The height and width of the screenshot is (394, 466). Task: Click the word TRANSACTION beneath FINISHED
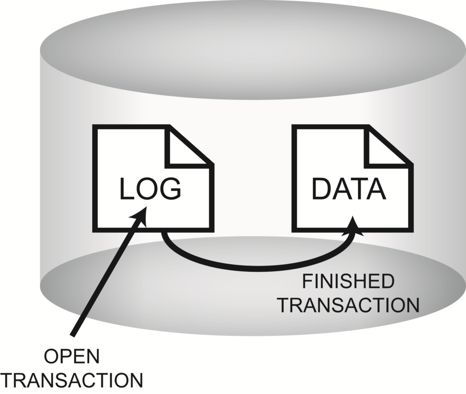click(x=349, y=305)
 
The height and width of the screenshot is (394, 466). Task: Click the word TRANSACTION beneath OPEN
click(x=72, y=380)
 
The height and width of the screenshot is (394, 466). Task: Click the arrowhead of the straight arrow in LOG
click(x=141, y=214)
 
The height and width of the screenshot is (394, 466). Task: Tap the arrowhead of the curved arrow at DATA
click(x=355, y=226)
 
